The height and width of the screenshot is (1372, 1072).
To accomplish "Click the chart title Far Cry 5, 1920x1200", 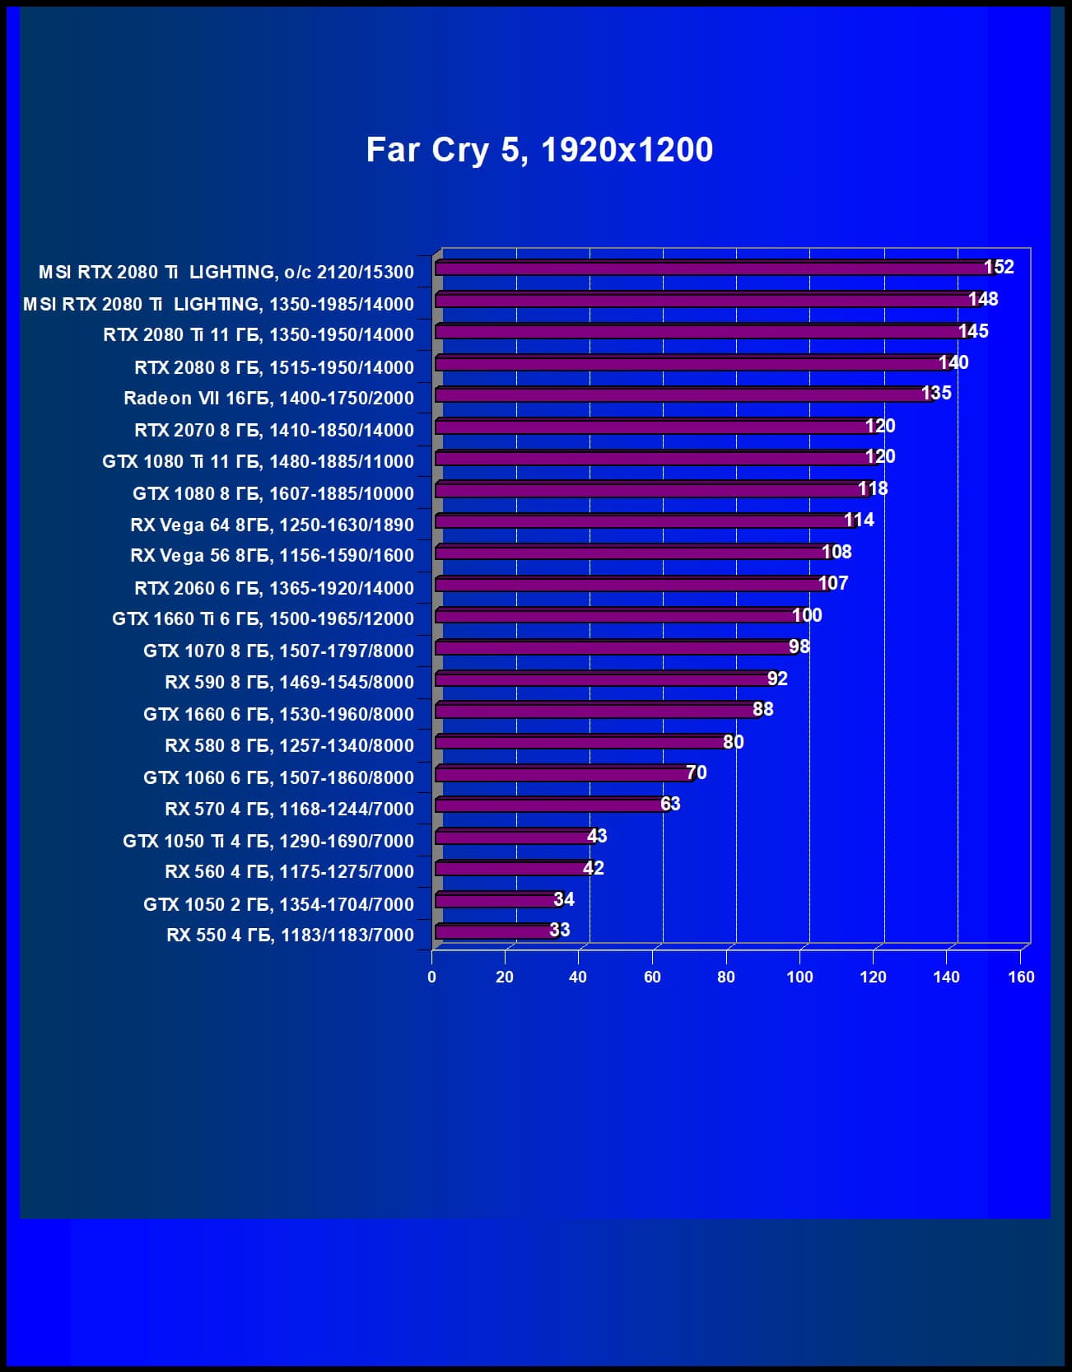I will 539,150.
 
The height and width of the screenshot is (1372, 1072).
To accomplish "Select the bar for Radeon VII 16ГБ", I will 683,395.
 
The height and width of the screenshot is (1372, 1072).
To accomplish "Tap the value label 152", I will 999,267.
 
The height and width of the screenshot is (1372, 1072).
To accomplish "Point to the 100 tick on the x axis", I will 799,977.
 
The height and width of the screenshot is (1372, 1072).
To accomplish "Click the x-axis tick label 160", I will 1021,977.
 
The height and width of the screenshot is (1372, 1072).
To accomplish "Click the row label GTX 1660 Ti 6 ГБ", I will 263,619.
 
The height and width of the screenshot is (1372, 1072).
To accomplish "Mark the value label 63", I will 670,804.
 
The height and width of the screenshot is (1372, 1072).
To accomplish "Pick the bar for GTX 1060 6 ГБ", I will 564,774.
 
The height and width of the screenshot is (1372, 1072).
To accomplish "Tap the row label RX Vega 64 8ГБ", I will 272,525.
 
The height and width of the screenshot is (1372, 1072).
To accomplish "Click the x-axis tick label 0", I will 432,977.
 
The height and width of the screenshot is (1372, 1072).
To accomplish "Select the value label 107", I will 832,584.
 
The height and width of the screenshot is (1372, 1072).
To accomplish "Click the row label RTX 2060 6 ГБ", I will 274,588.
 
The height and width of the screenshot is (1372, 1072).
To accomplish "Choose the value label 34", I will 564,899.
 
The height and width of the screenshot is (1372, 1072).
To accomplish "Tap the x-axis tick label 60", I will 652,977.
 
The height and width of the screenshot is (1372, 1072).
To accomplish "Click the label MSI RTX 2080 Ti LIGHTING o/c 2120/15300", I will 226,272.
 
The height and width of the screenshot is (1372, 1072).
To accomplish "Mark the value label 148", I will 983,299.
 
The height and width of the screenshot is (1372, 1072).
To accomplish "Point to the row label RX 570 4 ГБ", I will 289,809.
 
